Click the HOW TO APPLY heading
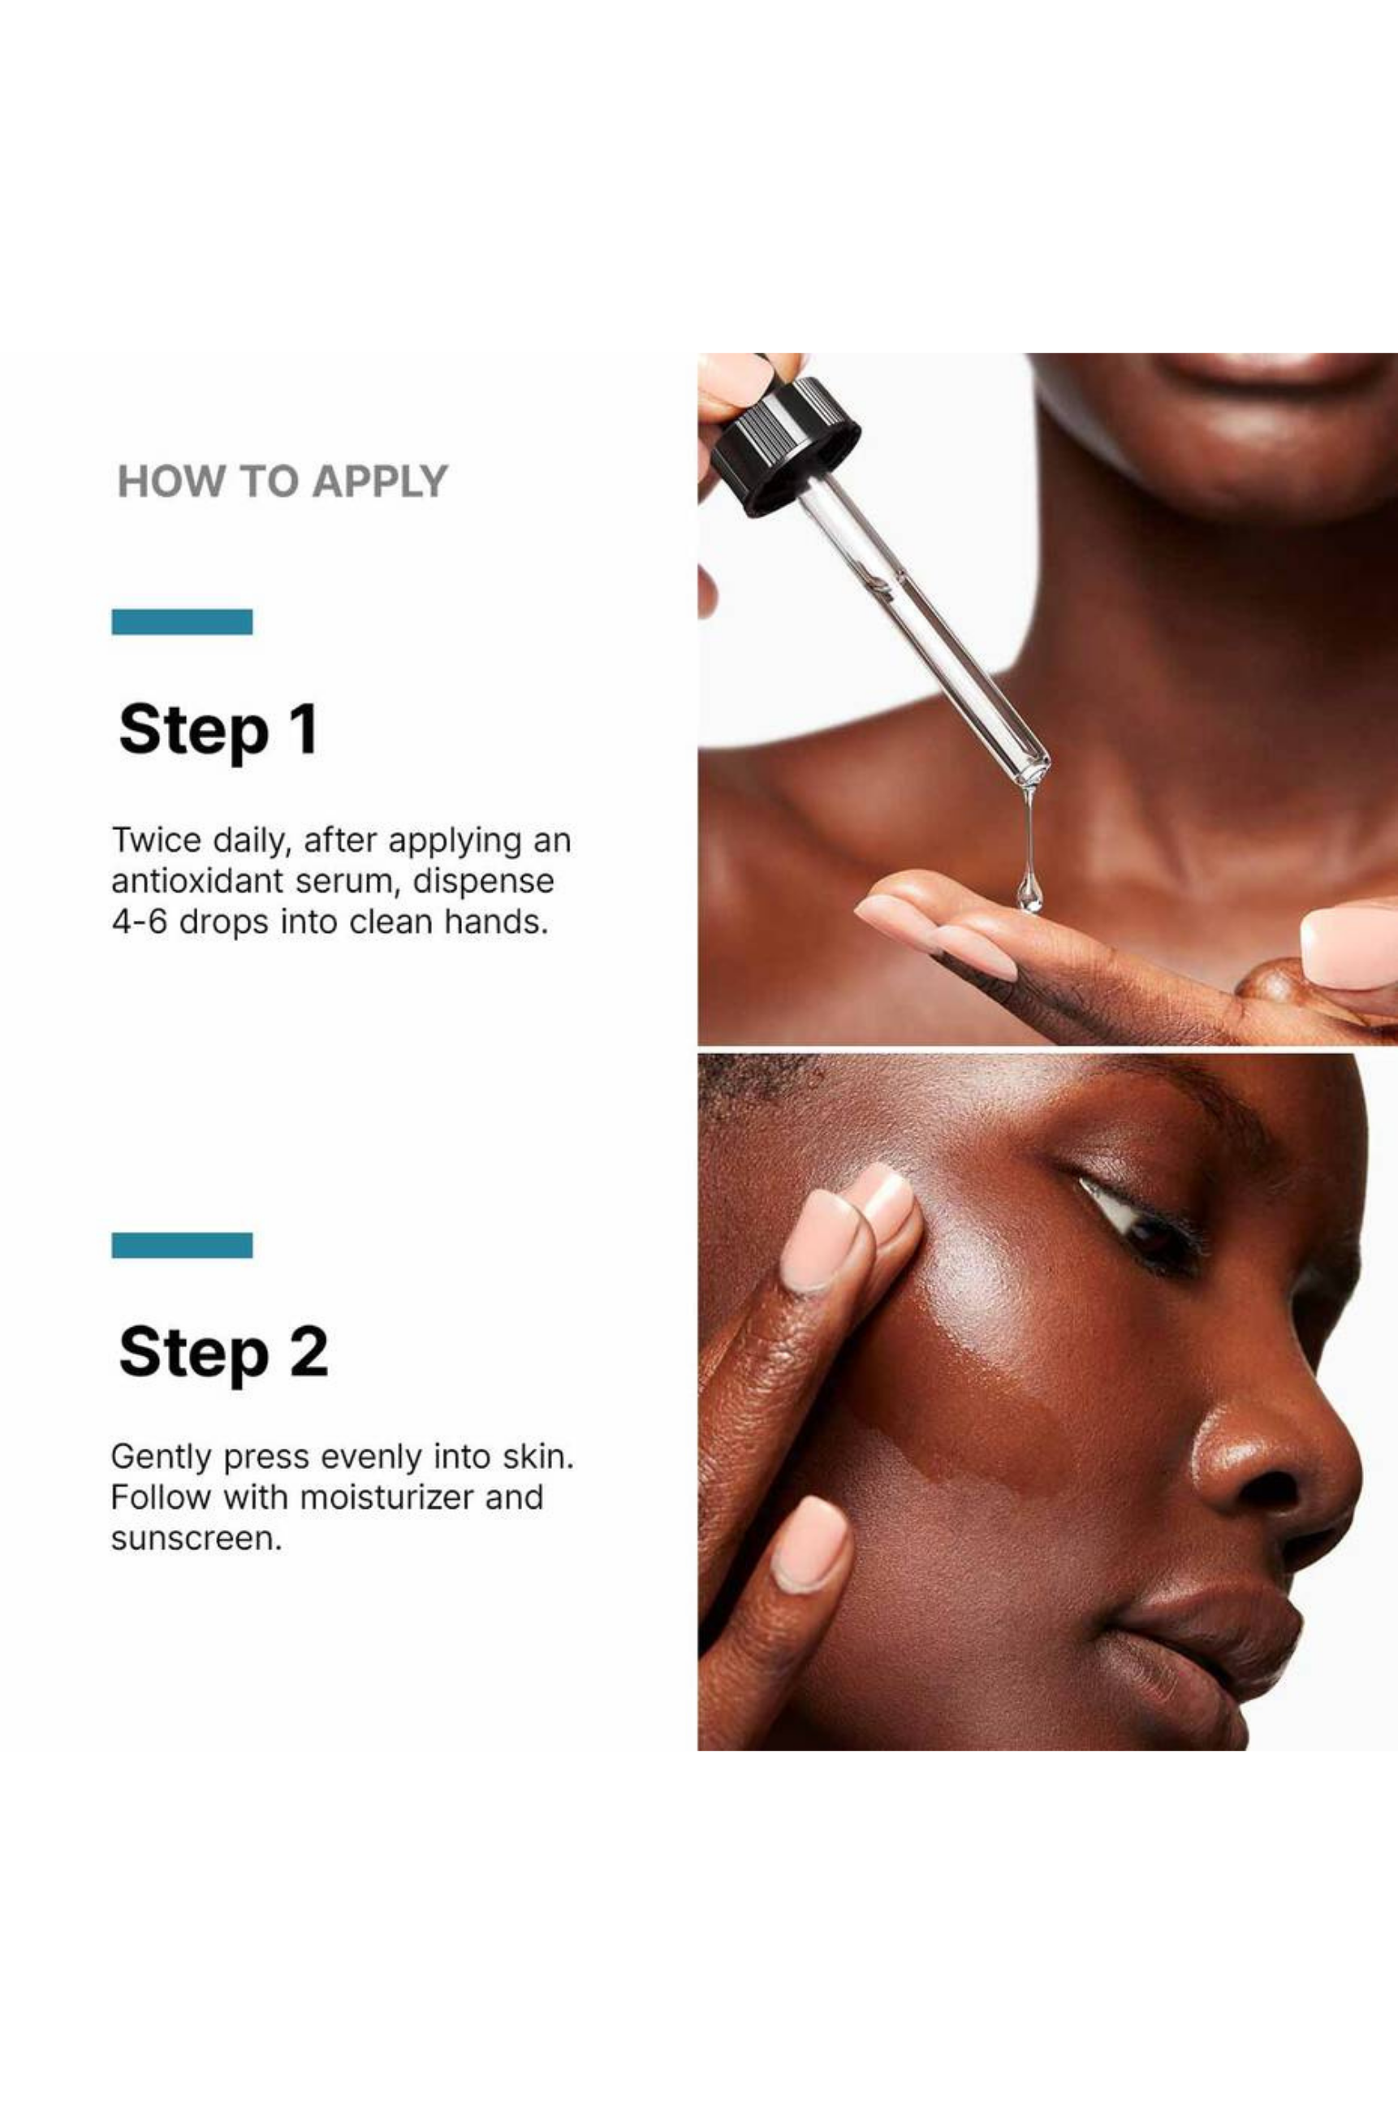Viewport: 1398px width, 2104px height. pyautogui.click(x=282, y=482)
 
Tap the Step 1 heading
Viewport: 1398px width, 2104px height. pyautogui.click(x=218, y=730)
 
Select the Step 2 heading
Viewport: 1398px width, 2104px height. pyautogui.click(x=223, y=1352)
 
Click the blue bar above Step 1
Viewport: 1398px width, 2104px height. pyautogui.click(x=182, y=621)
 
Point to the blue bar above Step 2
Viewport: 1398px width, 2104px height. pyautogui.click(x=182, y=1245)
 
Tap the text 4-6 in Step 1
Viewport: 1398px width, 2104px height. pyautogui.click(x=139, y=922)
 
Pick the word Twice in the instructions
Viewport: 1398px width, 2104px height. pyautogui.click(x=156, y=840)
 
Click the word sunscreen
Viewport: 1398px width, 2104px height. pyautogui.click(x=196, y=1540)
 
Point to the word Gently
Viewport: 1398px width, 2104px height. pyautogui.click(x=162, y=1458)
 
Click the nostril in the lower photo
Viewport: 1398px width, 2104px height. pyautogui.click(x=1270, y=1488)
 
